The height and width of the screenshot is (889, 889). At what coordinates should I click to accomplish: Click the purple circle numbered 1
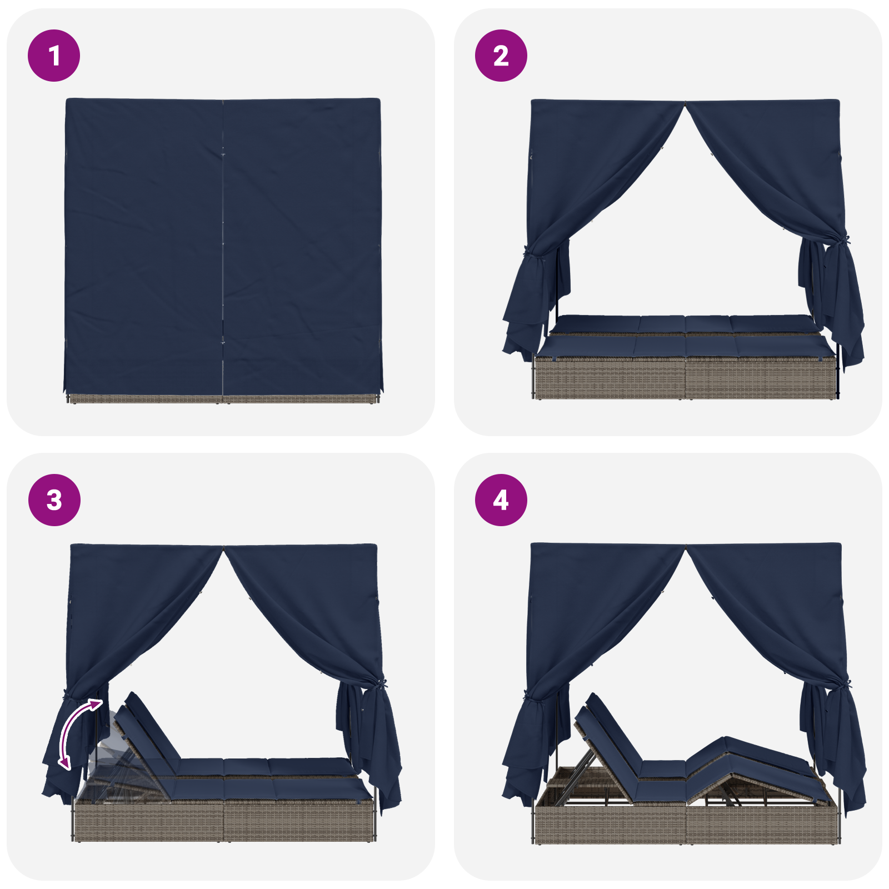[54, 56]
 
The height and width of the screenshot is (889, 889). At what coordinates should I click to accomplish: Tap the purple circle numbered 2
[501, 56]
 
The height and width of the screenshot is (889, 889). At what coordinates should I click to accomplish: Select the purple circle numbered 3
[54, 500]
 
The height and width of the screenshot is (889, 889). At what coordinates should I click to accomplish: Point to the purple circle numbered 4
[501, 500]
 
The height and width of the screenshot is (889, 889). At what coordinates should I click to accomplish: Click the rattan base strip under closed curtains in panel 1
[222, 398]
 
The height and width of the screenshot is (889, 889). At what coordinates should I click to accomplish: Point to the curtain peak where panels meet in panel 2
[685, 104]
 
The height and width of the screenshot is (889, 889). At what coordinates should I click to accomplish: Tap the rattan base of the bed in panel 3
[222, 820]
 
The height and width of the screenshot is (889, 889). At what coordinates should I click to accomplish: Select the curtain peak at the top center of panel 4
[685, 548]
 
